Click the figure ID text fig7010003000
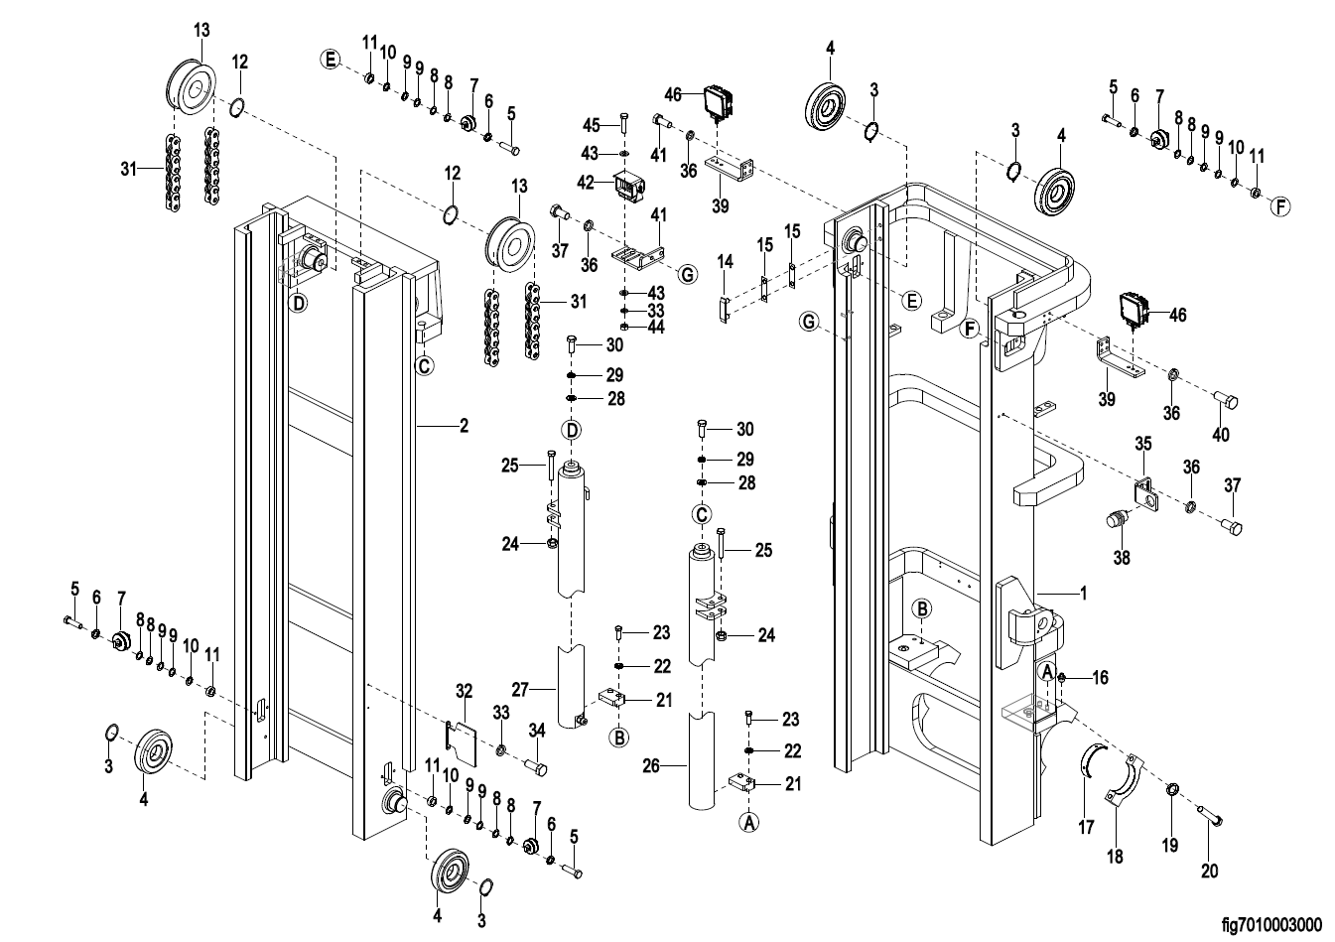pyautogui.click(x=1271, y=925)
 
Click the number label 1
pyautogui.click(x=1083, y=594)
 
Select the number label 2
pyautogui.click(x=463, y=426)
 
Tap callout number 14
pyautogui.click(x=726, y=263)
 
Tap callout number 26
pyautogui.click(x=651, y=765)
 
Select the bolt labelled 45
pyautogui.click(x=623, y=122)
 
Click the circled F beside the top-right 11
pyautogui.click(x=1280, y=206)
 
